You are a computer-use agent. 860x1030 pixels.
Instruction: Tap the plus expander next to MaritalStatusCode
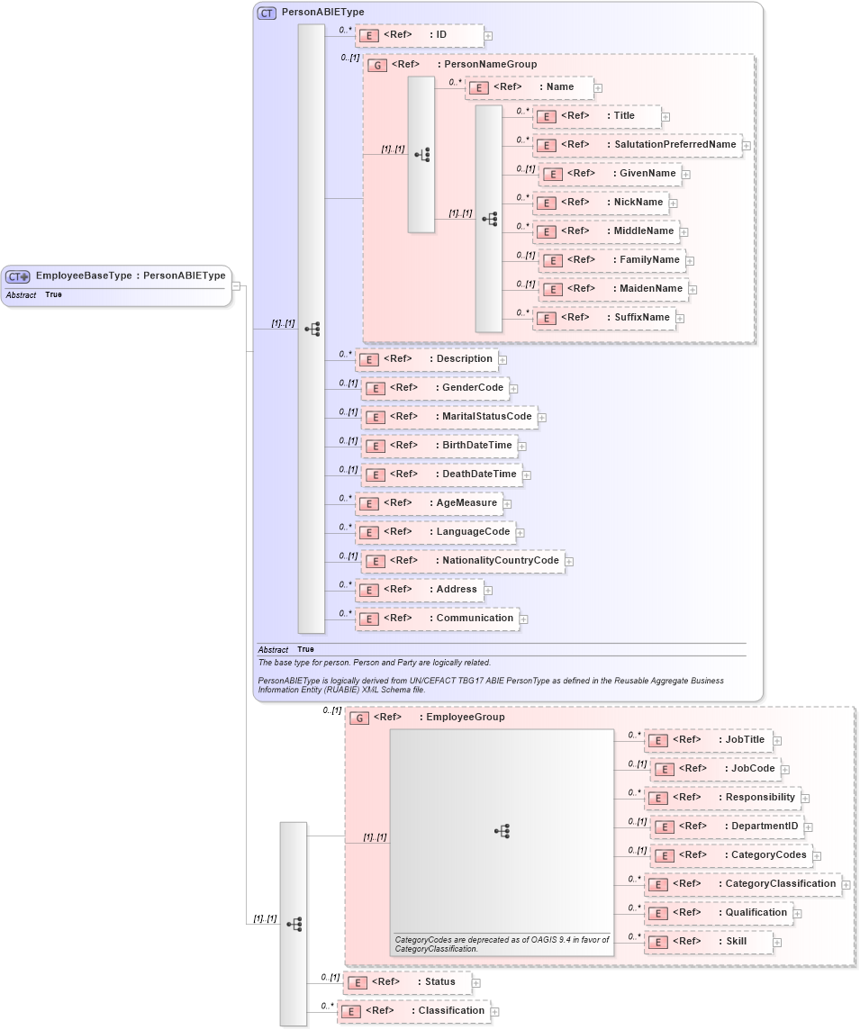(x=542, y=418)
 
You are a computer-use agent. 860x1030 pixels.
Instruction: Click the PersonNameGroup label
(x=490, y=65)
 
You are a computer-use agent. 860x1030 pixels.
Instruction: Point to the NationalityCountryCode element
(x=463, y=561)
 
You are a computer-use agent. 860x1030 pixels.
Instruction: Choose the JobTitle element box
(x=709, y=740)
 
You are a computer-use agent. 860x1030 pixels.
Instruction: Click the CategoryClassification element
(x=743, y=884)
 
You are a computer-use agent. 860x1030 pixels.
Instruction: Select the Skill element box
(x=709, y=942)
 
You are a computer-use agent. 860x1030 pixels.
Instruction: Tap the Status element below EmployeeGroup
(x=409, y=982)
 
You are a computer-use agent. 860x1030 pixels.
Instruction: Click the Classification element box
(x=414, y=1011)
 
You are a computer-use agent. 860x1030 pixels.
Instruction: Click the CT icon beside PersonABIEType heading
(x=267, y=14)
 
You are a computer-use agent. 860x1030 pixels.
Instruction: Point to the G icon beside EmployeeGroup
(x=359, y=718)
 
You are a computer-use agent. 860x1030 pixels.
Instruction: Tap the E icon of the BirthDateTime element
(x=376, y=447)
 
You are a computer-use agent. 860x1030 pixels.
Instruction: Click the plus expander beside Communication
(x=523, y=619)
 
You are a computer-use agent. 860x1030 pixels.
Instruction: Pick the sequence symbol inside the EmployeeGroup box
(x=502, y=831)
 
